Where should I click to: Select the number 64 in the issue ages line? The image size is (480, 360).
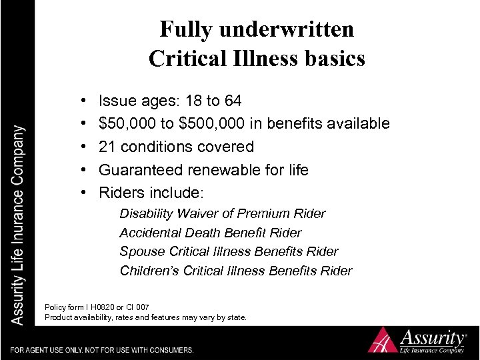(233, 101)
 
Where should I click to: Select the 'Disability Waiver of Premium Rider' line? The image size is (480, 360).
(222, 214)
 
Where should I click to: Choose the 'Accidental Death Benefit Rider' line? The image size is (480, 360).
(210, 233)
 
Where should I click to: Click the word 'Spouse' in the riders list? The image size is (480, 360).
(141, 252)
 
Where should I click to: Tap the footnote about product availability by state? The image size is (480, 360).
(145, 317)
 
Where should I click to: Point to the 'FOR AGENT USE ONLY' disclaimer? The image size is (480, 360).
(102, 350)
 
